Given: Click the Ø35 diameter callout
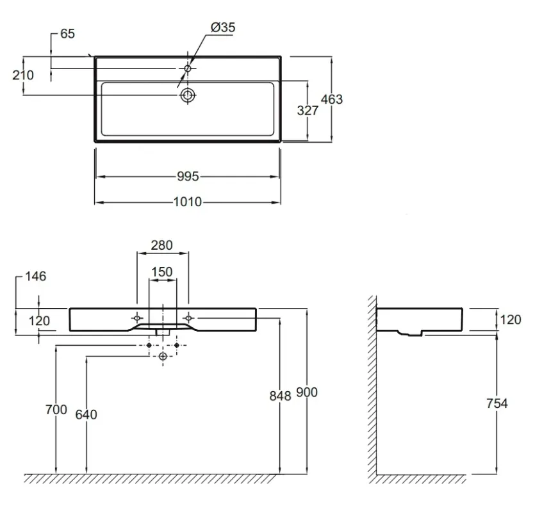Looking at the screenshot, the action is [x=223, y=28].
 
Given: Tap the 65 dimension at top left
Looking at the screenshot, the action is [x=67, y=34].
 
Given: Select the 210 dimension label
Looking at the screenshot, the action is [x=23, y=75].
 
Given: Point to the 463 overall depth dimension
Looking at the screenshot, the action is [x=332, y=99].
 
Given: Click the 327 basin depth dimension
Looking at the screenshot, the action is [x=308, y=111].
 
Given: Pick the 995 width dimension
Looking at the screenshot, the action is [x=188, y=176].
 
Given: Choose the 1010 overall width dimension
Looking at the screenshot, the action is [x=188, y=202].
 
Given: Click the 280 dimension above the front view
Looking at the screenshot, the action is [x=161, y=245].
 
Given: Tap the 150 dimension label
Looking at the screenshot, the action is [x=161, y=272].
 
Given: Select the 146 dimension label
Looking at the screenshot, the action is [x=35, y=276].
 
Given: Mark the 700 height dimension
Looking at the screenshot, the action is [x=56, y=409].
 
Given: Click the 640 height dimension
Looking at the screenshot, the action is [x=86, y=414].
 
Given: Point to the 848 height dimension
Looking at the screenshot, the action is [x=280, y=396].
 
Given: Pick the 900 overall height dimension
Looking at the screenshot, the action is [x=307, y=392].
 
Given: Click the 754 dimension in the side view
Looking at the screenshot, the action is [x=497, y=403].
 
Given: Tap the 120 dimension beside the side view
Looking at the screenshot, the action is [x=511, y=319].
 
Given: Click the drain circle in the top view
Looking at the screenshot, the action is [x=188, y=95].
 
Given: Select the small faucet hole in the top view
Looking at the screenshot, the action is [x=187, y=69].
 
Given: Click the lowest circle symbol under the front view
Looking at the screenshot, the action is [x=163, y=356].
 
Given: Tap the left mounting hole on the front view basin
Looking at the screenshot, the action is [x=137, y=318].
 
